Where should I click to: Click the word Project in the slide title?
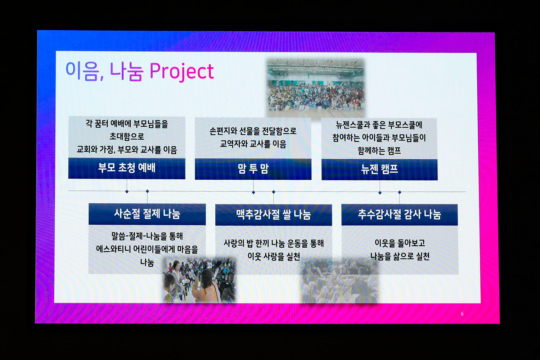182,72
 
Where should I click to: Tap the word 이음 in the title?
83,71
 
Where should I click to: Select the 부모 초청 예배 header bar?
127,168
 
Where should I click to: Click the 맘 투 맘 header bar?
253,169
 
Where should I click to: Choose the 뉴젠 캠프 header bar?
379,170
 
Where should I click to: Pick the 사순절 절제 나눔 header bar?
147,214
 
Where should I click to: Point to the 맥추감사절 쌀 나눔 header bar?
273,215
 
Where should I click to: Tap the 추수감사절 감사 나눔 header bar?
400,215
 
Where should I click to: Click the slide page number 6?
462,314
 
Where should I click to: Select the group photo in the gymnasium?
316,88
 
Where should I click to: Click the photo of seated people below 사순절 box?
199,280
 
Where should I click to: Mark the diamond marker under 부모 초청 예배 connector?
127,192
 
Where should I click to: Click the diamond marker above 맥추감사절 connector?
274,192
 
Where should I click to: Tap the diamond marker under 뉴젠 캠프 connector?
380,193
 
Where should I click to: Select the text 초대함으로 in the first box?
127,136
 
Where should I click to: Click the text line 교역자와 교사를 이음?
253,144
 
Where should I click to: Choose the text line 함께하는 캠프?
379,151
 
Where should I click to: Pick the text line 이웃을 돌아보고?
400,243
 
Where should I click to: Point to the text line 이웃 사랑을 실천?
274,256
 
